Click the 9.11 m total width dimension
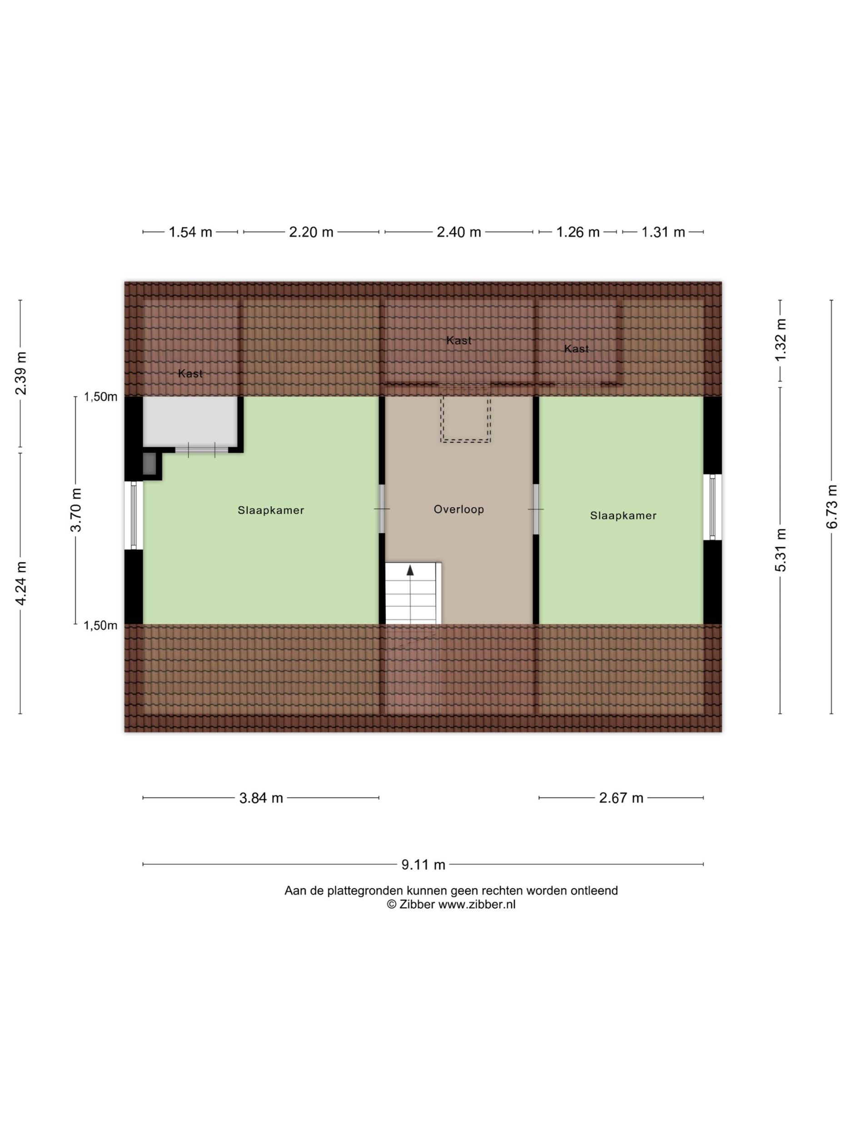423,864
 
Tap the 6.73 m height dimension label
832,507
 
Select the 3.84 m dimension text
261,798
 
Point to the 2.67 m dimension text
621,798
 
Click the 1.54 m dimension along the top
190,232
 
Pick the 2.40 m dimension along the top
458,232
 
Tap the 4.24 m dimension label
21,583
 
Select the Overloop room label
458,509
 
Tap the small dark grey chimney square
149,464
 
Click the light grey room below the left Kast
189,422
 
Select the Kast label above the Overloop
458,340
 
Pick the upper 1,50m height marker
101,397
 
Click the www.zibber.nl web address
476,905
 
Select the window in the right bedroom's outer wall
712,507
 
